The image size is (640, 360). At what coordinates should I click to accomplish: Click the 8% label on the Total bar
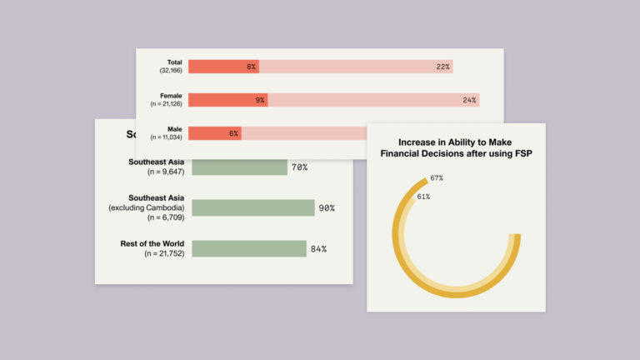251,67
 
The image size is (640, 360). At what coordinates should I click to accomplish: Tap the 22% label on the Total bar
442,67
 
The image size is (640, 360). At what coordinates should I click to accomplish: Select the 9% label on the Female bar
260,100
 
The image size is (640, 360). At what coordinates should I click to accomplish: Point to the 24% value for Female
469,100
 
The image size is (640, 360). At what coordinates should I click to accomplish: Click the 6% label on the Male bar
234,133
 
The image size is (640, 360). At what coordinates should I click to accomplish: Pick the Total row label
173,62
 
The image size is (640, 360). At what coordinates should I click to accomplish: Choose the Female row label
171,96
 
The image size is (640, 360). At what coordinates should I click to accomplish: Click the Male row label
174,129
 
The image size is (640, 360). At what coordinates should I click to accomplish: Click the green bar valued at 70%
238,167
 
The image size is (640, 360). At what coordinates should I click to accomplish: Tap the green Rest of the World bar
248,248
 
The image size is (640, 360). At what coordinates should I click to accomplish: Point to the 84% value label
318,248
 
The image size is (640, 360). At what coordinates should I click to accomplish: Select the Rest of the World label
152,243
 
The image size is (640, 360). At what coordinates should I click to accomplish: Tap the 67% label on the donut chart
437,178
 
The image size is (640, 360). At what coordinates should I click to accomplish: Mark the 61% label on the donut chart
423,197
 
